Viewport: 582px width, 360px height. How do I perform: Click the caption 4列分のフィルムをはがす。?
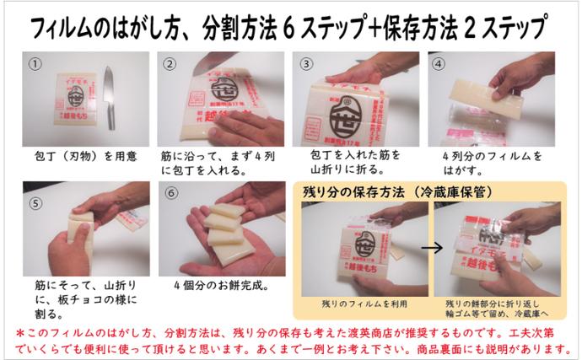pos(493,163)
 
